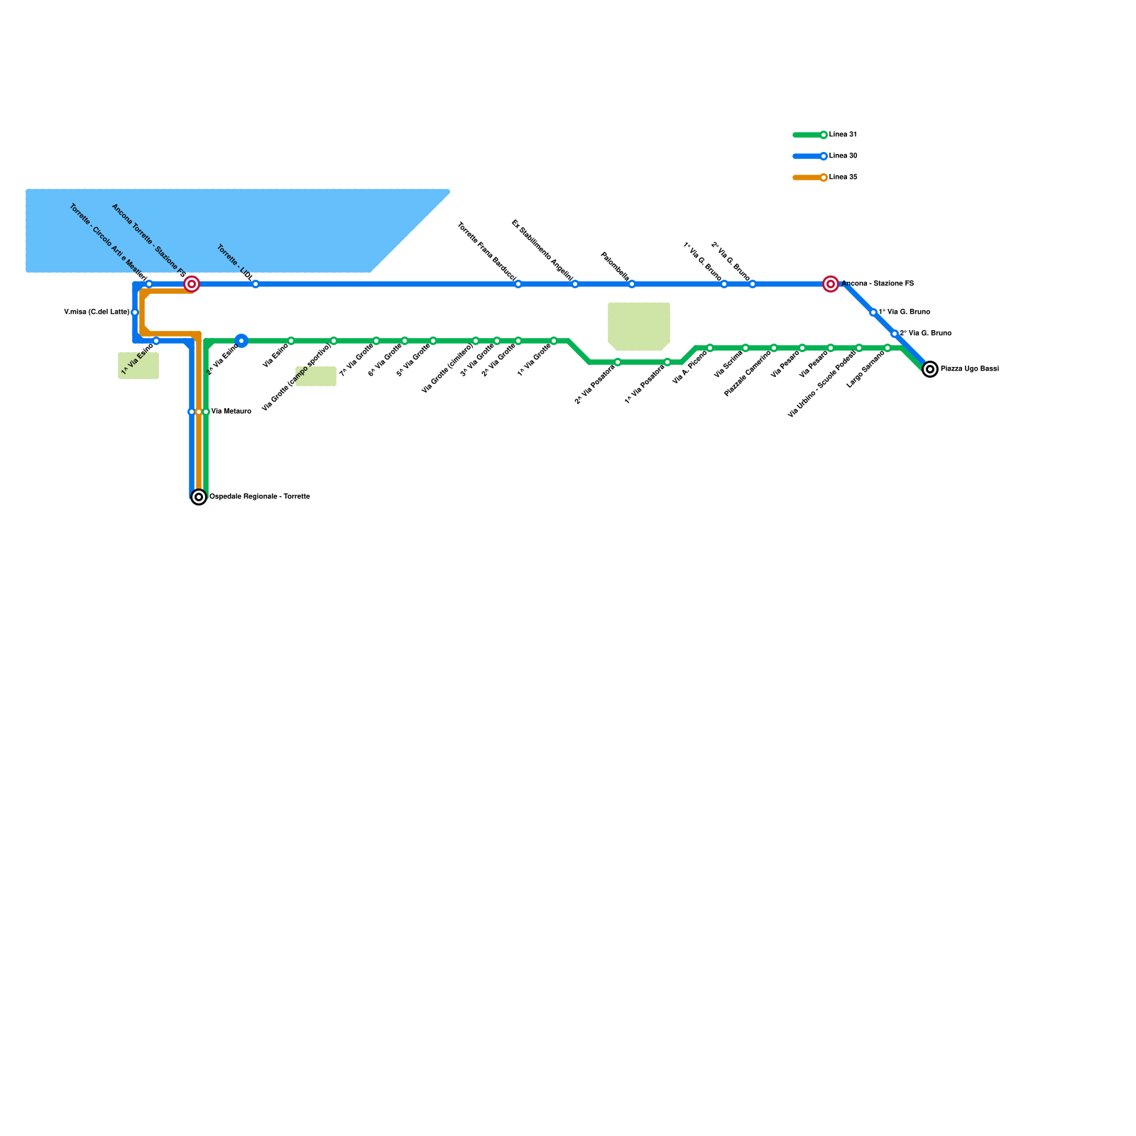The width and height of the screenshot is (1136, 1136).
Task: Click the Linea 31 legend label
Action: pos(843,135)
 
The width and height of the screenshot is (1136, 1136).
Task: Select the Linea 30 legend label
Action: pos(843,156)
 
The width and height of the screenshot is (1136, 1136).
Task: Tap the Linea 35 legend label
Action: pos(843,177)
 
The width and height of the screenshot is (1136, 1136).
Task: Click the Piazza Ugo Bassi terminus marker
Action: pos(930,369)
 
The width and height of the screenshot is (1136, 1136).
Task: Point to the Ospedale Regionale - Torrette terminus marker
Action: pos(199,497)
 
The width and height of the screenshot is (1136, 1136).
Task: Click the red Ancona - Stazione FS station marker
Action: pos(831,284)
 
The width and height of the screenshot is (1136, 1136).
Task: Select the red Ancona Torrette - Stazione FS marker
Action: pos(192,284)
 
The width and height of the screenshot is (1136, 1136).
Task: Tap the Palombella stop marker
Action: pos(632,284)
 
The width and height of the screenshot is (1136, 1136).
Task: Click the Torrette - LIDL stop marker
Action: pos(256,284)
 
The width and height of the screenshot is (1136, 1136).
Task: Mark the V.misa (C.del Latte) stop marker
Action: pos(135,312)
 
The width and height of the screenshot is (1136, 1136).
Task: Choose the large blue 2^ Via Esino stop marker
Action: pos(241,341)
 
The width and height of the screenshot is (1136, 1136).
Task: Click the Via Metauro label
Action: pos(231,412)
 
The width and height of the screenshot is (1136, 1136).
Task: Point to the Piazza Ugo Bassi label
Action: pos(970,369)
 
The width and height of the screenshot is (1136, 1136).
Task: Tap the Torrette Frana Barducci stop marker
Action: pos(518,284)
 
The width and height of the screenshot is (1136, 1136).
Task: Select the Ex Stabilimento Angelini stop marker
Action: pos(575,284)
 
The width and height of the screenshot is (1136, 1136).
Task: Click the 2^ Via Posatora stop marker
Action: pos(618,362)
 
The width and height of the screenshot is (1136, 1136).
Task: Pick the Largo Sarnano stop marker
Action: pos(887,348)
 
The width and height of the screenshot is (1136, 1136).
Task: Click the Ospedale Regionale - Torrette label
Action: pos(260,497)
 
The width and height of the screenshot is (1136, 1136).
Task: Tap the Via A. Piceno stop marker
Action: pos(710,348)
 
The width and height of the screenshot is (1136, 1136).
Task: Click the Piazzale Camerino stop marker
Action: pos(774,348)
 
